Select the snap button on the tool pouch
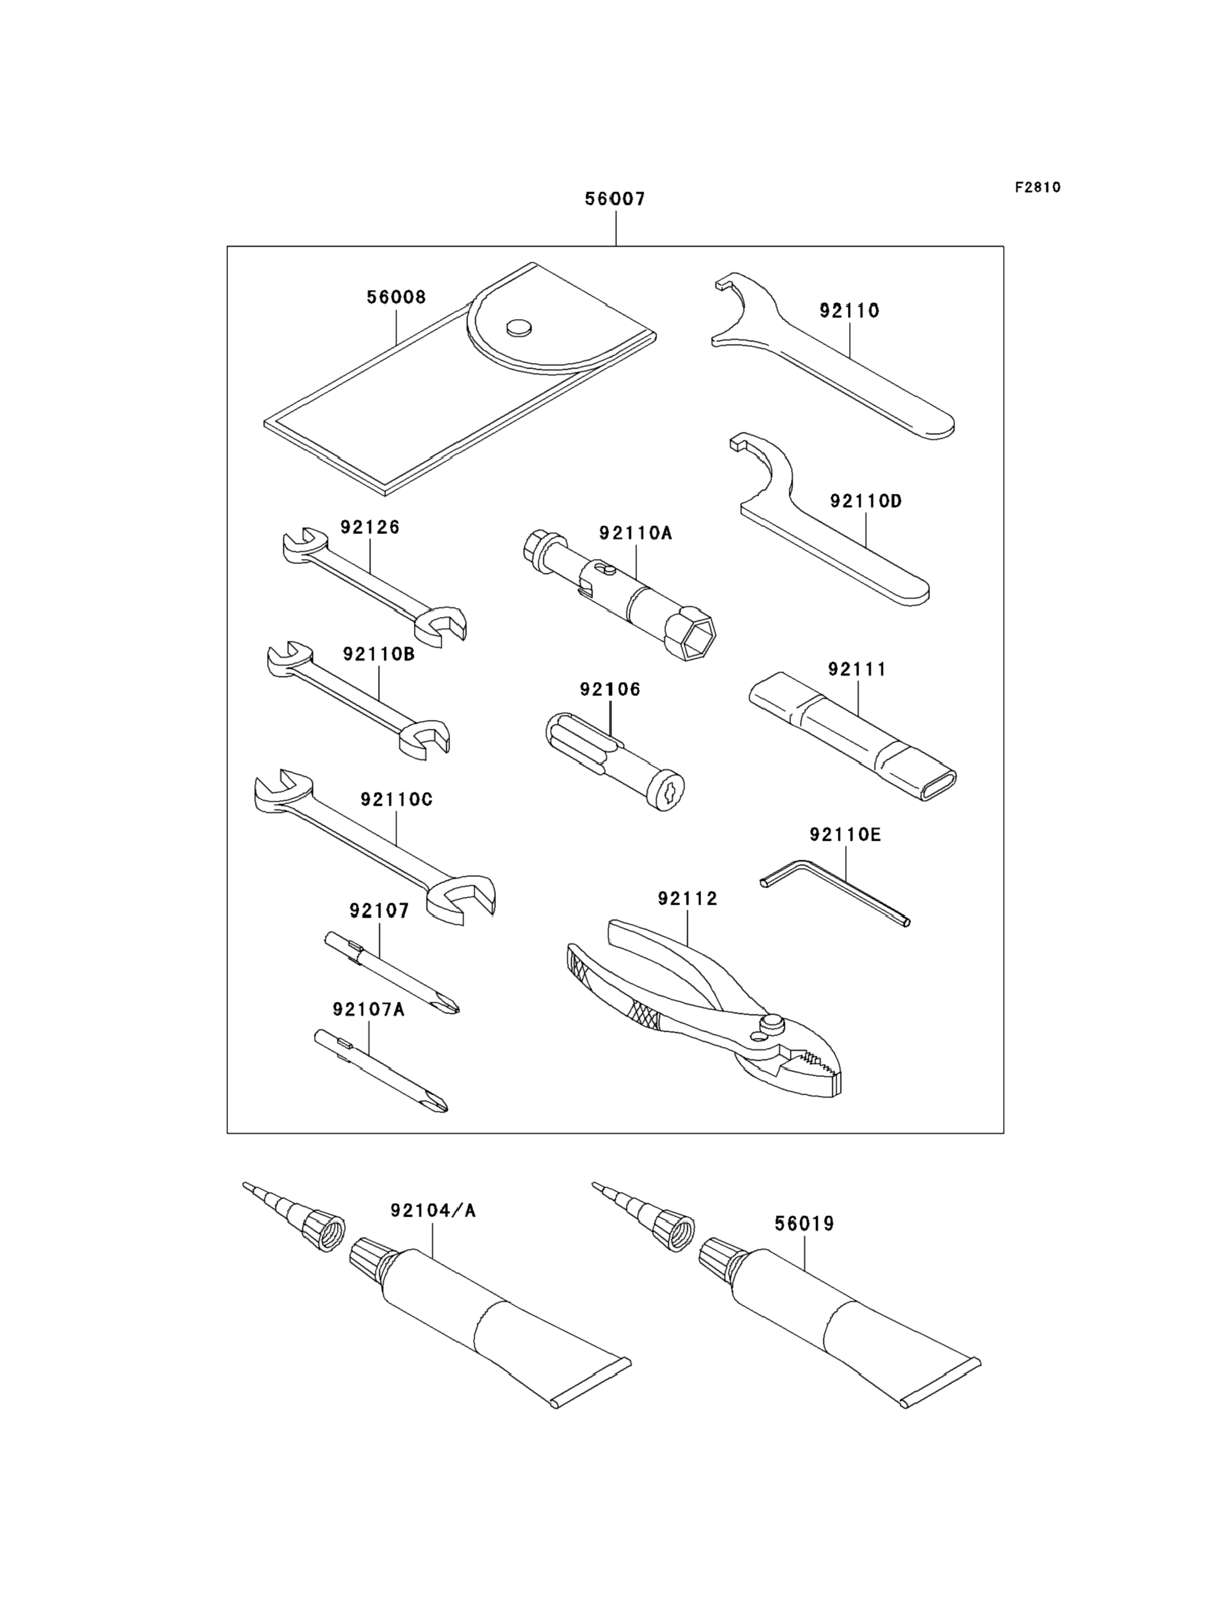pos(518,328)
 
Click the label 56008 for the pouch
pos(396,297)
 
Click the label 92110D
pos(866,501)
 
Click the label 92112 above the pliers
pos(687,899)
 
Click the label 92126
pos(370,527)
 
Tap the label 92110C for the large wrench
pos(396,799)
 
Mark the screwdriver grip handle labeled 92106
pos(614,763)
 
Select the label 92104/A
pos(433,1211)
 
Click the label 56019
pos(805,1224)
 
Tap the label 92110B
pos(378,655)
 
